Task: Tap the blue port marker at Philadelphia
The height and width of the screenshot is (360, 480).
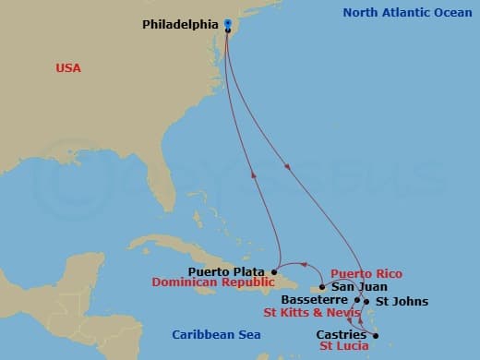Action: [x=228, y=23]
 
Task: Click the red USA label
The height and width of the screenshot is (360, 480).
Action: [x=67, y=68]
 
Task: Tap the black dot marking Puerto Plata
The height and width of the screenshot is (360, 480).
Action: [x=278, y=271]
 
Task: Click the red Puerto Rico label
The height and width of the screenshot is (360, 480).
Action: [x=366, y=274]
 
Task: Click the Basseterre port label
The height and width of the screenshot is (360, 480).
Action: [x=315, y=300]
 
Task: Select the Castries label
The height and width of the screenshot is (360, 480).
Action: [x=341, y=334]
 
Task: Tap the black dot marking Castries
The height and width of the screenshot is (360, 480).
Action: [x=376, y=335]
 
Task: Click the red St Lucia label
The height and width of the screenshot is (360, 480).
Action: [x=343, y=346]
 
